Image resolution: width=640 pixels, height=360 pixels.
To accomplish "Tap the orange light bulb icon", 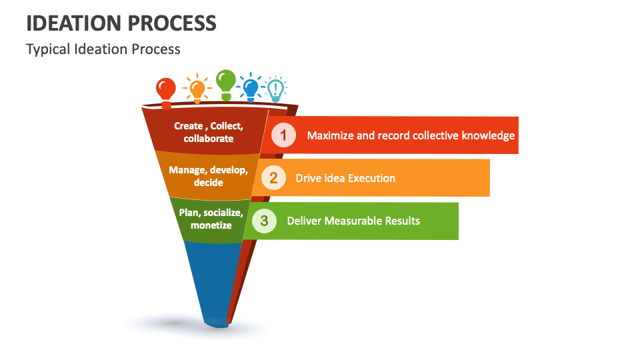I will [x=197, y=89].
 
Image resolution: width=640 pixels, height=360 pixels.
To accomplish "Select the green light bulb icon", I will [x=226, y=84].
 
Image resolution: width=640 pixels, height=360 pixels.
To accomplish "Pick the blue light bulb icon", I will [x=251, y=87].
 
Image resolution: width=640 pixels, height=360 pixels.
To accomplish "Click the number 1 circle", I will [x=284, y=135].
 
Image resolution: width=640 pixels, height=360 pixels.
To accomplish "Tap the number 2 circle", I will [x=273, y=178].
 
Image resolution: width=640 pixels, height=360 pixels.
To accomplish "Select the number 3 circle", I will [x=264, y=221].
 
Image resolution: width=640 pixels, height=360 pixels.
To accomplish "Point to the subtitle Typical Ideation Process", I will [x=103, y=49].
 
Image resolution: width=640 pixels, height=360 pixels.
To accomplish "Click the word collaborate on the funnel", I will [x=209, y=139].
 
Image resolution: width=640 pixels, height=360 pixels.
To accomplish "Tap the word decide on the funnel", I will [x=209, y=182].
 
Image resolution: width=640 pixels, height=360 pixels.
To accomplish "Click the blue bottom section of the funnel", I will [x=208, y=280].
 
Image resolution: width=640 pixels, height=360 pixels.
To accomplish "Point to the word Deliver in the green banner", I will [x=304, y=221].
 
